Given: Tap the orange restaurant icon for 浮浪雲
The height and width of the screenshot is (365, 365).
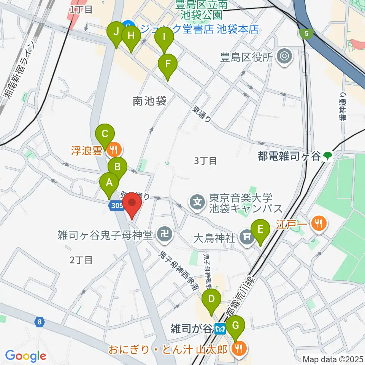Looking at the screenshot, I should [x=113, y=149].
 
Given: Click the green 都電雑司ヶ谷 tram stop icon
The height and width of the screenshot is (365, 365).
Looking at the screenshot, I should [x=327, y=156].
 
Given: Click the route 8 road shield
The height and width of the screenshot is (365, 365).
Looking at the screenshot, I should [x=39, y=322].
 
